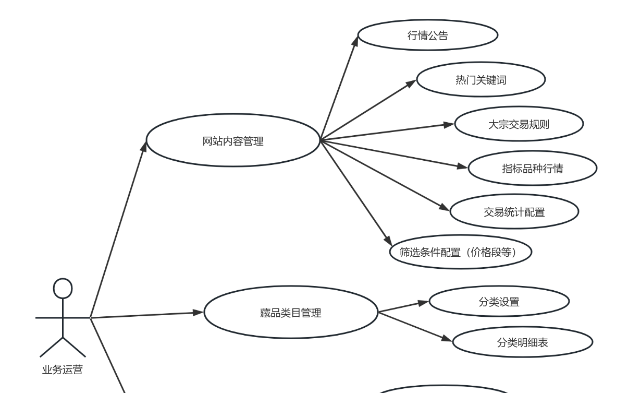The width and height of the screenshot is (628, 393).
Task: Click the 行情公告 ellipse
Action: (428, 35)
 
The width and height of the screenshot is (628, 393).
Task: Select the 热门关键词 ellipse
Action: (481, 80)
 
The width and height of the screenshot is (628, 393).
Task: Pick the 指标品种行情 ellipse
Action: (532, 169)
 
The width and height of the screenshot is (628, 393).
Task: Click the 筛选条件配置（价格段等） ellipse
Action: (461, 252)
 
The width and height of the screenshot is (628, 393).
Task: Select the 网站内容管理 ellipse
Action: (232, 140)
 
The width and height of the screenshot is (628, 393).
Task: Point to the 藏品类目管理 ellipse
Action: (290, 313)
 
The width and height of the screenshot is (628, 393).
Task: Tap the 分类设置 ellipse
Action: (499, 302)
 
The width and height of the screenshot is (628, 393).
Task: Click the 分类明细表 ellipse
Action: (522, 342)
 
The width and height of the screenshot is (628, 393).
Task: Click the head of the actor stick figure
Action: (63, 288)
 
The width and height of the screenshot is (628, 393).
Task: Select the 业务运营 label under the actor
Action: (63, 371)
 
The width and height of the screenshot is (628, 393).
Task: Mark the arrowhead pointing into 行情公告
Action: (355, 42)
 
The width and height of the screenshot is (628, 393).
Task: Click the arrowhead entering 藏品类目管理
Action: (198, 313)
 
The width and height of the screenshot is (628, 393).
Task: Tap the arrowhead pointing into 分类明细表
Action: (446, 339)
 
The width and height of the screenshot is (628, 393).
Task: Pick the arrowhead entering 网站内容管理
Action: (144, 146)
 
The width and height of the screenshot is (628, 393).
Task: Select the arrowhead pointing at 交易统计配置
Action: (444, 208)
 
